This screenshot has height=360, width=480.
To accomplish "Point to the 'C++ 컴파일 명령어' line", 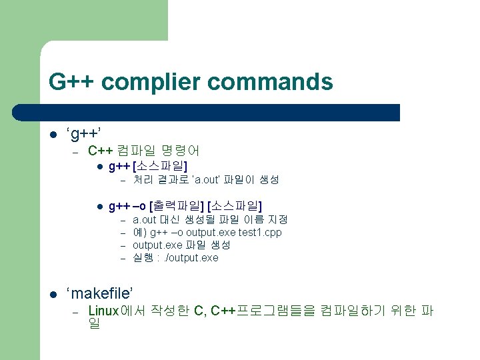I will tap(143, 151).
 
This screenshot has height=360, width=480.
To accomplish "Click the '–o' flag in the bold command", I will tap(141, 205).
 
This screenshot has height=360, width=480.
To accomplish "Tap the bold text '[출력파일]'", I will tap(177, 205).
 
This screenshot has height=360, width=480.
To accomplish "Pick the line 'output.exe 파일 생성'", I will tap(181, 245).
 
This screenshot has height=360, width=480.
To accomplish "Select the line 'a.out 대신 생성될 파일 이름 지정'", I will tap(210, 219).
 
